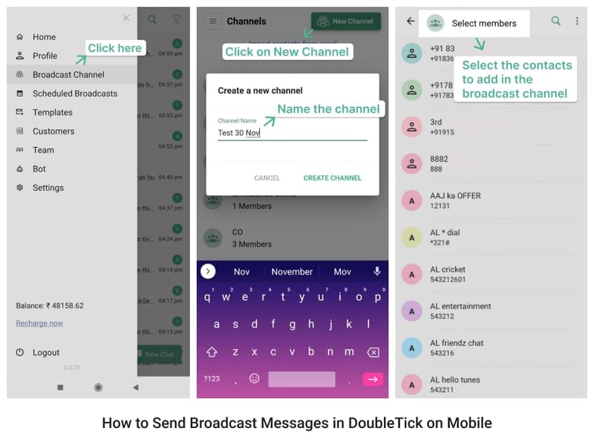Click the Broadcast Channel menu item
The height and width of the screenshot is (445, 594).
click(x=68, y=74)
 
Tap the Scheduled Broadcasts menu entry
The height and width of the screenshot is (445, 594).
click(x=74, y=94)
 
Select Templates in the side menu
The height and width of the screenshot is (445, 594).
click(x=52, y=112)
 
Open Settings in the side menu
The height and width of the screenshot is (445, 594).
click(x=48, y=188)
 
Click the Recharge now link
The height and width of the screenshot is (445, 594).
click(x=39, y=323)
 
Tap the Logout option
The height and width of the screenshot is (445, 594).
click(x=45, y=353)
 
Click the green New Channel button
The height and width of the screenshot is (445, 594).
click(x=345, y=22)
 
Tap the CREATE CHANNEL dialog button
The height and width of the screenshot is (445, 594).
click(x=332, y=178)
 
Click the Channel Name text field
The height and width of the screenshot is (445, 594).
click(x=292, y=133)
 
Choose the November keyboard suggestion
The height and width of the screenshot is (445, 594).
click(x=292, y=272)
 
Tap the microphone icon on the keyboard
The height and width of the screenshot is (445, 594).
click(x=376, y=271)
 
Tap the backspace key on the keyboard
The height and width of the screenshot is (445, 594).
click(x=373, y=352)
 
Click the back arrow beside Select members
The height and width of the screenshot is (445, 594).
click(x=411, y=22)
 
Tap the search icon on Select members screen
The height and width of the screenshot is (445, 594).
click(x=555, y=22)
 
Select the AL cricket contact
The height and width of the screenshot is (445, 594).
click(x=448, y=274)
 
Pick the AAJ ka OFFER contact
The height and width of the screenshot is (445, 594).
click(x=455, y=201)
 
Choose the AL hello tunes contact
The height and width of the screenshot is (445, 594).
click(x=454, y=384)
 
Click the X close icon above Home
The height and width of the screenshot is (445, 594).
click(x=126, y=19)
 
